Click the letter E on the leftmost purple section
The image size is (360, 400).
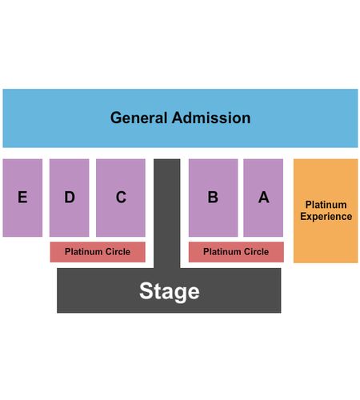22,197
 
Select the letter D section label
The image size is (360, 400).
70,197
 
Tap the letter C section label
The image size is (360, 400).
121,197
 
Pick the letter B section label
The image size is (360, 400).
213,197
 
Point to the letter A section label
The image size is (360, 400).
263,197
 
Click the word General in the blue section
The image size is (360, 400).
138,118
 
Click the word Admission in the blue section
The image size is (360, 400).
211,118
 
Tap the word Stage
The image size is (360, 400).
170,291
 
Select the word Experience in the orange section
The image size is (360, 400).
326,217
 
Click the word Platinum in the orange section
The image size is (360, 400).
326,205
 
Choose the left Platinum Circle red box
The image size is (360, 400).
98,252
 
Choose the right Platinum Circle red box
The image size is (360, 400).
236,252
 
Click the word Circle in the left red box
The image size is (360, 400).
118,251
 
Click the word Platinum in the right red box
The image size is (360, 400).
219,251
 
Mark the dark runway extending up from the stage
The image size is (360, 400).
167,214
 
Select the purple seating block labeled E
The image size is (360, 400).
22,198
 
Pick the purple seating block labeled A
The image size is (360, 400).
263,198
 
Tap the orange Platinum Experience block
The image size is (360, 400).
326,211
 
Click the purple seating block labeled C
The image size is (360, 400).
121,198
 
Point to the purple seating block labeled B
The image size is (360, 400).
213,198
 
